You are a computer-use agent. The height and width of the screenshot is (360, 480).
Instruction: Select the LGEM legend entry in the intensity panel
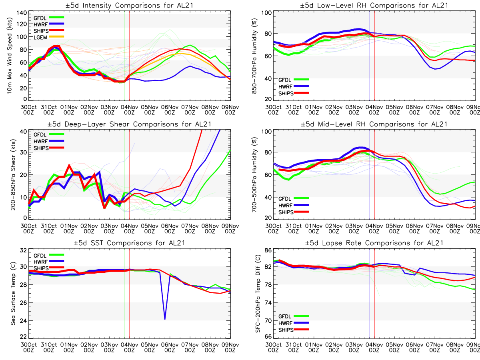click(40, 37)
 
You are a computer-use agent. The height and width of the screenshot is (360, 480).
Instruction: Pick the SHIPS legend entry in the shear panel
click(41, 148)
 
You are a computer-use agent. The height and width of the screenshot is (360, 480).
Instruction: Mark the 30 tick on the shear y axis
click(24, 152)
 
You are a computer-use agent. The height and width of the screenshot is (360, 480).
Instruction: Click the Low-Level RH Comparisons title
click(373, 5)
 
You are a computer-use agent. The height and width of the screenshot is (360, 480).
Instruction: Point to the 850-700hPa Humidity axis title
click(253, 56)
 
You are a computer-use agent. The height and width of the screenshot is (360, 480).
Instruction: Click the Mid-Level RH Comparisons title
click(373, 124)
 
